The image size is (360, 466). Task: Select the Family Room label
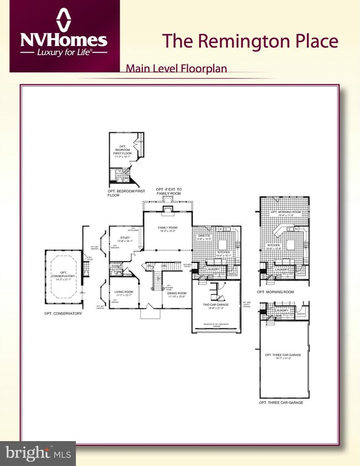point(167,229)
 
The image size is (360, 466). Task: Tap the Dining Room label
point(177,294)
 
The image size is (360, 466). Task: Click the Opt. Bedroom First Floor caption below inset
point(126,193)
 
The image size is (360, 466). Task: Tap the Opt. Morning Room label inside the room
point(285,213)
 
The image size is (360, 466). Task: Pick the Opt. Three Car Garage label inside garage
point(282,355)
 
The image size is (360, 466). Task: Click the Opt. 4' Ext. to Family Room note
point(168,191)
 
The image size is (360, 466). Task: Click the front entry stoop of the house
point(148,314)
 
